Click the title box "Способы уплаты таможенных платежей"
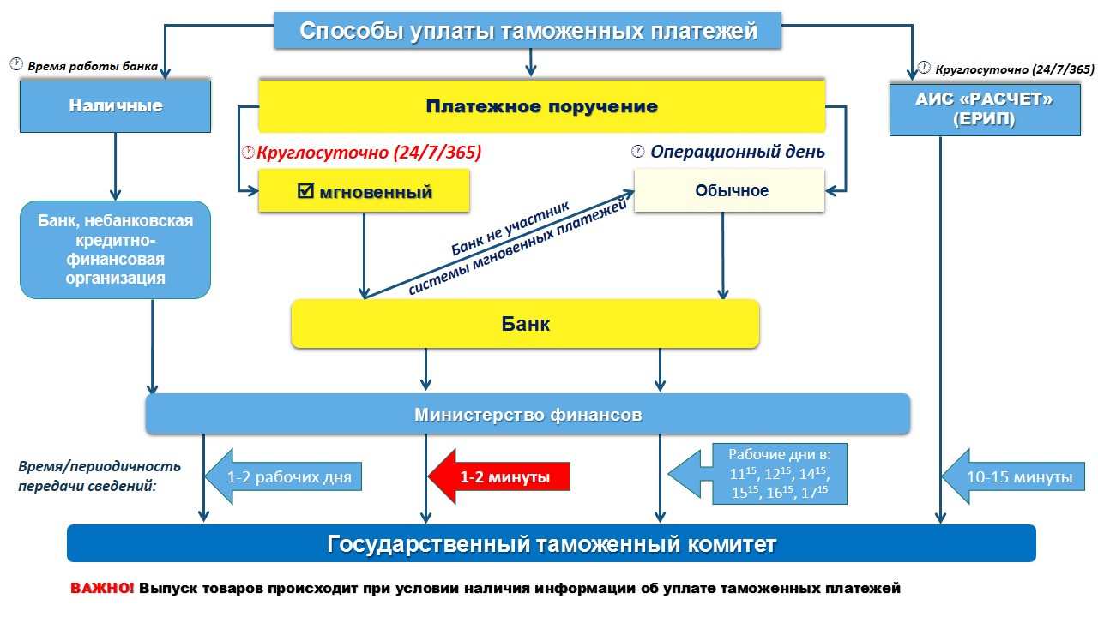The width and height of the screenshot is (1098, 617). click(x=528, y=32)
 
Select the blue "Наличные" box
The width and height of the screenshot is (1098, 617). click(x=116, y=106)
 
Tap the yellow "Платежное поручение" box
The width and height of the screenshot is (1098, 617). click(x=542, y=106)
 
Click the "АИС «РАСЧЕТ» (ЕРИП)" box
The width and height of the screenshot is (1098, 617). click(x=984, y=110)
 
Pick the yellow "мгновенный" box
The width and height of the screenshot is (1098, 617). click(x=365, y=191)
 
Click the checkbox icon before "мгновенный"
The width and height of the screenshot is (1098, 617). click(x=305, y=191)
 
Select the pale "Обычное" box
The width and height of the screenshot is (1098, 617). click(x=729, y=190)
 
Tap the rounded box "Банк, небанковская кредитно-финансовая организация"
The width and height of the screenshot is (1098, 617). click(x=116, y=249)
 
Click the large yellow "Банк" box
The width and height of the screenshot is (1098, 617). click(x=525, y=324)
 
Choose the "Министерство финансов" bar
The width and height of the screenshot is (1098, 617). click(x=528, y=415)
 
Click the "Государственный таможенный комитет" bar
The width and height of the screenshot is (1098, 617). click(x=552, y=544)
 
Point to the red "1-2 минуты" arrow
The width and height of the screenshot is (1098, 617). click(x=500, y=476)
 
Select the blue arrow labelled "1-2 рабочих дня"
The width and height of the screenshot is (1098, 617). click(x=283, y=476)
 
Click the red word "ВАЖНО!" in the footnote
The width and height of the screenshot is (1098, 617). click(x=102, y=589)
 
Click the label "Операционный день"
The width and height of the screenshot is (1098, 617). click(x=737, y=153)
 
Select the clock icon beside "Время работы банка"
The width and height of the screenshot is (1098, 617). click(x=15, y=64)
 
